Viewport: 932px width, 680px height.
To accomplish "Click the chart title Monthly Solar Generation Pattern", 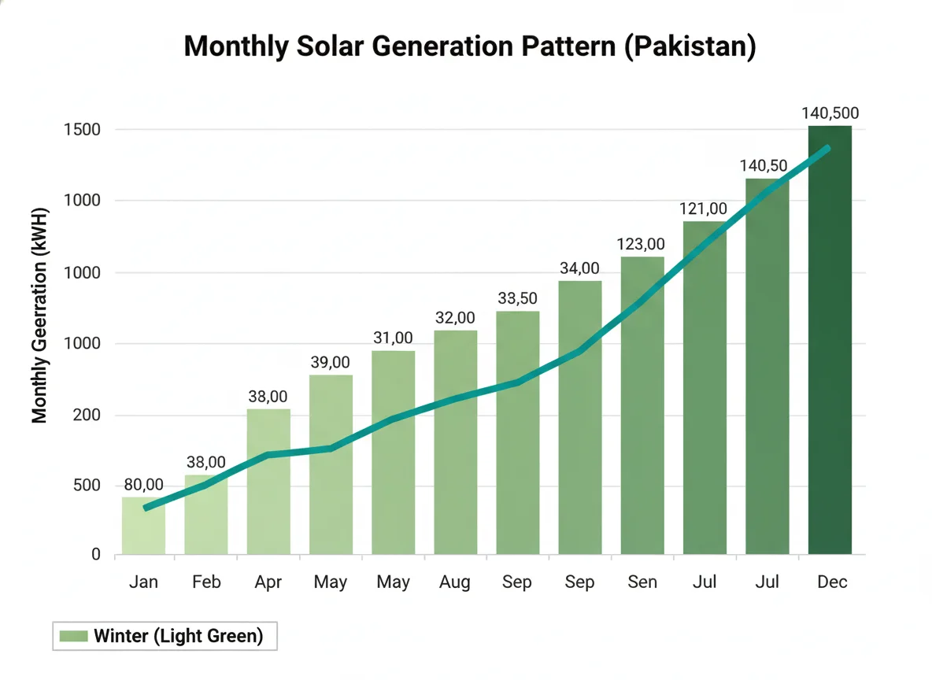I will pos(469,46).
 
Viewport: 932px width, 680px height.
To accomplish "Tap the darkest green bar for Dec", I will pos(830,339).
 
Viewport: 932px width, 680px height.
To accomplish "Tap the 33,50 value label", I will pos(518,299).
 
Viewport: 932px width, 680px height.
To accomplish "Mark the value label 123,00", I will pos(642,244).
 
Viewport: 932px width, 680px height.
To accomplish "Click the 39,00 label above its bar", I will pos(331,363).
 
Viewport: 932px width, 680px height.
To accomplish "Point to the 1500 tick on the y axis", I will pos(83,129).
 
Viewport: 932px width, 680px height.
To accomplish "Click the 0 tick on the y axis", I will pos(96,555).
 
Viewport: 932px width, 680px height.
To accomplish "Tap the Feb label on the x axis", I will pos(205,582).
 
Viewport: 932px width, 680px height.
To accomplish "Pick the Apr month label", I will pos(268,582).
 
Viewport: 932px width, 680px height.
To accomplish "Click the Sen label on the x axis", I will pos(642,582).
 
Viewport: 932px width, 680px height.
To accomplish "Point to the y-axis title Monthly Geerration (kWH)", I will pos(40,316).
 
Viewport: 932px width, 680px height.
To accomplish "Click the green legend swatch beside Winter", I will pos(73,636).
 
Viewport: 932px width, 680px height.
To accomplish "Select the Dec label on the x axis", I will pos(831,582).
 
